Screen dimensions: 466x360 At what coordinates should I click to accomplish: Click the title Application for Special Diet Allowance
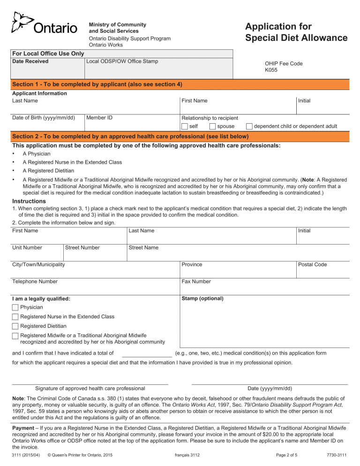pyautogui.click(x=296, y=32)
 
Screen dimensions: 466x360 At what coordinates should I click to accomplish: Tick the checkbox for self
pyautogui.click(x=185, y=127)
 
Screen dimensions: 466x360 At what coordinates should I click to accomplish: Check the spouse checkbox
pyautogui.click(x=213, y=127)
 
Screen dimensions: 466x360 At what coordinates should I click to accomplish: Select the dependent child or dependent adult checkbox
pyautogui.click(x=249, y=127)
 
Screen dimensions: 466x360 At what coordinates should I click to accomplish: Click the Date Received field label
pyautogui.click(x=30, y=61)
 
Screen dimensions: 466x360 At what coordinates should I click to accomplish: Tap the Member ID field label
pyautogui.click(x=99, y=118)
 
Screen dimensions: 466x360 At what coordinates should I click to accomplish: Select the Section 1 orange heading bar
pyautogui.click(x=180, y=84)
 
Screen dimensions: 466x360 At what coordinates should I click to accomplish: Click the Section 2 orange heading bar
pyautogui.click(x=180, y=136)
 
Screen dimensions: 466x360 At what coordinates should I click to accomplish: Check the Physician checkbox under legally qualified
pyautogui.click(x=15, y=307)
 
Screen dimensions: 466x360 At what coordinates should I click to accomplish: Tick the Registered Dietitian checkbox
pyautogui.click(x=15, y=326)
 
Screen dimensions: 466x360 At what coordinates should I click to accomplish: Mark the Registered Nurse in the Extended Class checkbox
pyautogui.click(x=15, y=316)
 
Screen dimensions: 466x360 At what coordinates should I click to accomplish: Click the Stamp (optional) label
pyautogui.click(x=202, y=298)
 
